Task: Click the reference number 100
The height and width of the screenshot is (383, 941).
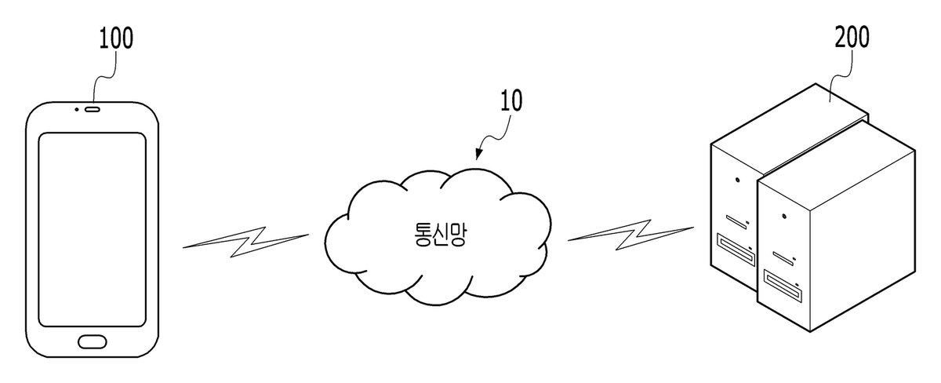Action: point(116,38)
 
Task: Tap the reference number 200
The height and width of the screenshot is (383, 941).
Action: point(852,37)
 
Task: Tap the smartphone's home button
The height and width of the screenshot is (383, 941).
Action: point(93,341)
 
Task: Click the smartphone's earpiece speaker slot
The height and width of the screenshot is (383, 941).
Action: point(93,110)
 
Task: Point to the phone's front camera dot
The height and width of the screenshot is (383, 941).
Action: point(77,110)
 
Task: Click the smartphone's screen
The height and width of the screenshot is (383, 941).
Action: point(93,229)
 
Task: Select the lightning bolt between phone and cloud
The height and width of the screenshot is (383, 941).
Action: point(245,242)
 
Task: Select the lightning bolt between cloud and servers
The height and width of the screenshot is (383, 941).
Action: point(630,235)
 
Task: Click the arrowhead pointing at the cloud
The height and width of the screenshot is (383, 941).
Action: point(478,155)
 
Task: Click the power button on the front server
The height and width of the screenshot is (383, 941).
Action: point(784,217)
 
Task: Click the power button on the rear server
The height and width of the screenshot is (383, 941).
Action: point(738,180)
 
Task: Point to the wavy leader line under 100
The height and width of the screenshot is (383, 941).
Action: point(104,75)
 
